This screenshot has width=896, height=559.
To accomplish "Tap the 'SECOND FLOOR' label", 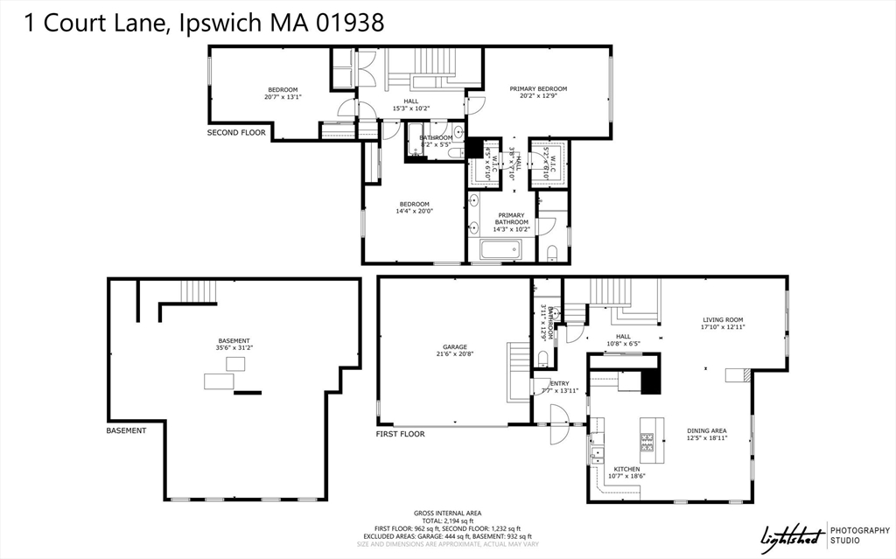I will [x=235, y=133].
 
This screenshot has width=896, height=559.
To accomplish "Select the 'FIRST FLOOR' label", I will [x=400, y=434].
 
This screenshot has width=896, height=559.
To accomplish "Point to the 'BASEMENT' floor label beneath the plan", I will [x=126, y=430].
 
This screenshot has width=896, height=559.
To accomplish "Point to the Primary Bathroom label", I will [x=511, y=222].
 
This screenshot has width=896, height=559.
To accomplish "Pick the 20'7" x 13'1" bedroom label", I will [x=283, y=94].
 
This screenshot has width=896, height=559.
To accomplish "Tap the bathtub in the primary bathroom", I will [x=500, y=250].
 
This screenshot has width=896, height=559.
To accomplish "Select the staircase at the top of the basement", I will [x=197, y=290].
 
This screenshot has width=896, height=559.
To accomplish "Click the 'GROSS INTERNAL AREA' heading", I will [x=447, y=513].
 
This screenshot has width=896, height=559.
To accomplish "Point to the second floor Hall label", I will [x=410, y=105].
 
